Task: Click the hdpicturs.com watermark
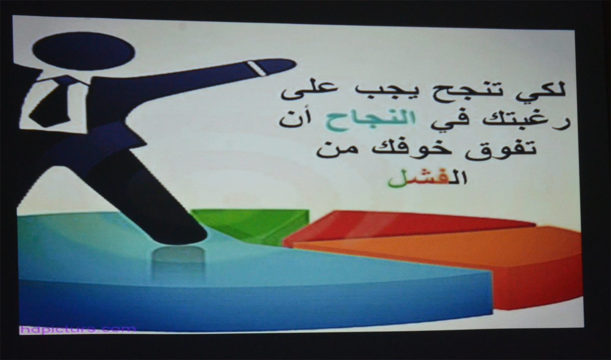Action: click(x=77, y=329)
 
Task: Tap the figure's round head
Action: click(x=84, y=51)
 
